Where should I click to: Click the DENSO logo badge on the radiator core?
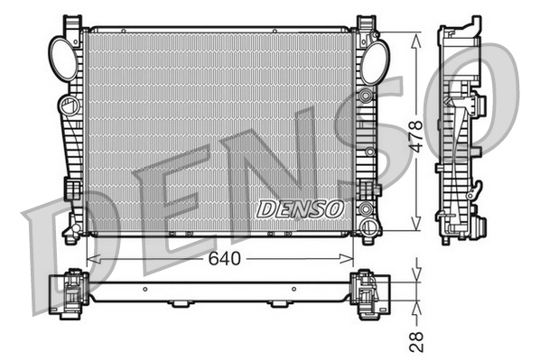[301, 208]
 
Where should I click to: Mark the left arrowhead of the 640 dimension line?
[90, 258]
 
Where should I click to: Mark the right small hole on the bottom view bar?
[293, 290]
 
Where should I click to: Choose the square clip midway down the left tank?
[70, 189]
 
